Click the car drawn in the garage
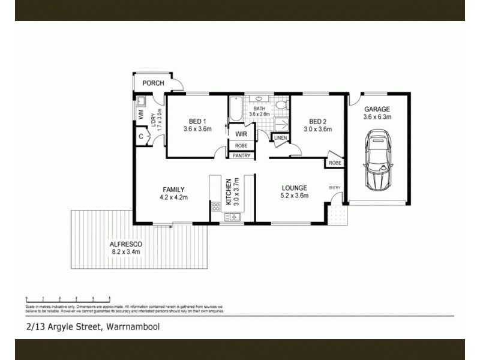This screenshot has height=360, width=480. [x=378, y=163]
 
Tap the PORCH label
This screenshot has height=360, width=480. [x=152, y=83]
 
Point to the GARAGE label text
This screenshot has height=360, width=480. [x=377, y=109]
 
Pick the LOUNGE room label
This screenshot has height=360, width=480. [x=294, y=187]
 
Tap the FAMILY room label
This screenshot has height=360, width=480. [x=173, y=189]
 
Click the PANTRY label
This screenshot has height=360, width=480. [x=241, y=155]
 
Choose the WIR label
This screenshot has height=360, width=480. [x=241, y=134]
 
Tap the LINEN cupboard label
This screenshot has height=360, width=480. [x=280, y=139]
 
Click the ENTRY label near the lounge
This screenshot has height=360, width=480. [x=335, y=188]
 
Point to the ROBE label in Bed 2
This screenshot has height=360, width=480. [x=335, y=163]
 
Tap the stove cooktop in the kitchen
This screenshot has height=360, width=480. [x=216, y=208]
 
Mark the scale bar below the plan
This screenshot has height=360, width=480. [x=67, y=298]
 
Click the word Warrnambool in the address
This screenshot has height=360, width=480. [x=133, y=326]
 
